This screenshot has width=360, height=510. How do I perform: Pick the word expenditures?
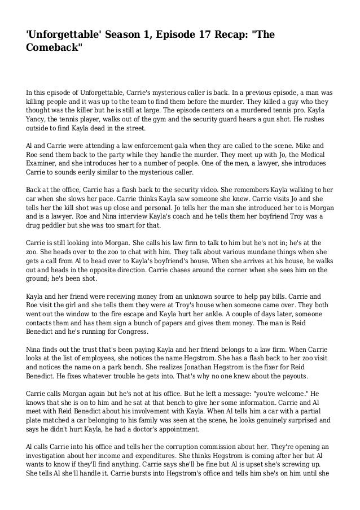tap(155, 459)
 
